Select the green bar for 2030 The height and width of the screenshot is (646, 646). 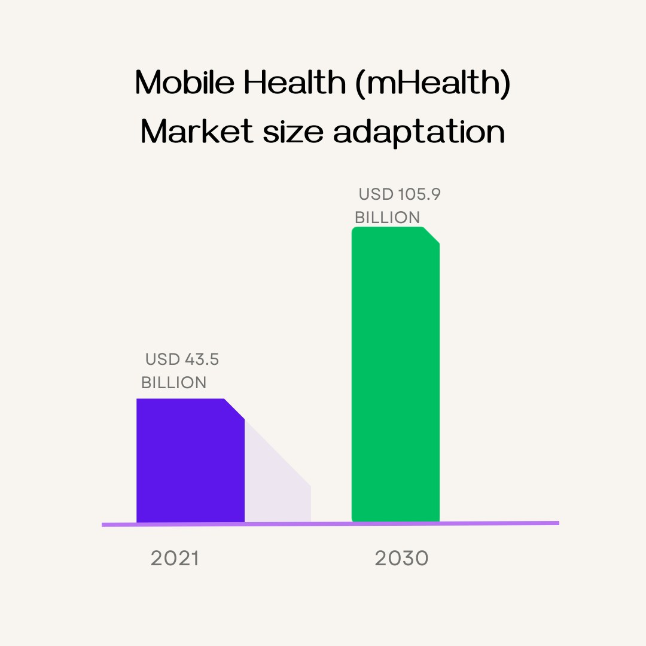click(x=395, y=377)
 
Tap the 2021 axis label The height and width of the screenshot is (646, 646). click(x=174, y=559)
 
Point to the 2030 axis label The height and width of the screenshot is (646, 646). click(x=401, y=559)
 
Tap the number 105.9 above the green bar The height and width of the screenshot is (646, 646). click(x=419, y=194)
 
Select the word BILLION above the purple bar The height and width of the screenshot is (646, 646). click(x=173, y=383)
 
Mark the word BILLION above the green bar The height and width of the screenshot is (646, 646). click(x=387, y=218)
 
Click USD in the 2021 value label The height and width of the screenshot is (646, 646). click(x=163, y=359)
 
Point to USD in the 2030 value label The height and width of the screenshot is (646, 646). click(x=376, y=194)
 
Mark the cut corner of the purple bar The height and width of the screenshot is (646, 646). click(x=235, y=409)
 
